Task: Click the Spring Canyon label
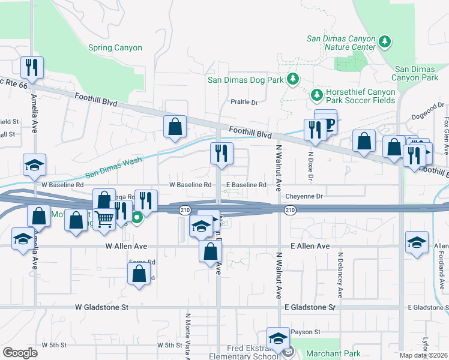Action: pos(115,47)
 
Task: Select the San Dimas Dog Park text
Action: pos(246,79)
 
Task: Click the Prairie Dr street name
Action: pos(244,103)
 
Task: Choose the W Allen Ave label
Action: pos(127,246)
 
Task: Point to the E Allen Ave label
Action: pos(309,246)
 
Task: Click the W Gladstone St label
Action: pos(102,307)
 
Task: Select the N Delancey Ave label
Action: pos(340,274)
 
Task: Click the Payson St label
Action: pos(306,332)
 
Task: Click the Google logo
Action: pos(20,353)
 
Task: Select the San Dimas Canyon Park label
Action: pos(415,73)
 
